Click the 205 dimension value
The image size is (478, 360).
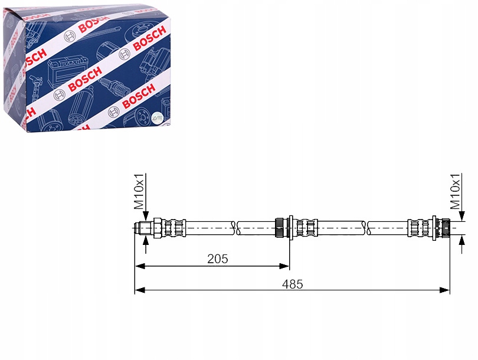[x=217, y=258]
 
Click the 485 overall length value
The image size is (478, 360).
[x=292, y=284]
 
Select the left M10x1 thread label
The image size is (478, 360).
[x=139, y=192]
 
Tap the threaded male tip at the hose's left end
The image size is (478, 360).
[x=143, y=228]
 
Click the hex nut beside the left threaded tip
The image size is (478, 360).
[x=158, y=228]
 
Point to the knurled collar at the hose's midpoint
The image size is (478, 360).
[x=280, y=228]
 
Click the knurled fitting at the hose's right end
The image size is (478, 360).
[x=446, y=228]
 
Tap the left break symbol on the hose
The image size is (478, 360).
[x=236, y=228]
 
